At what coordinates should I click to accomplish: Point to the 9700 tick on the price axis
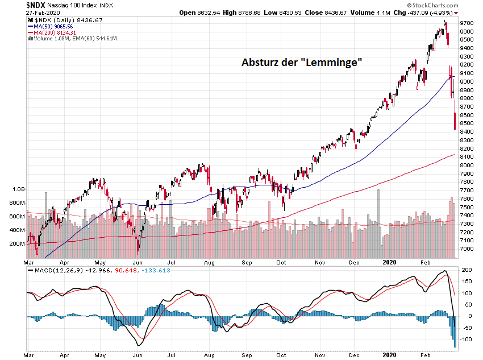(468, 23)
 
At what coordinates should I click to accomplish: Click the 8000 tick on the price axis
(468, 165)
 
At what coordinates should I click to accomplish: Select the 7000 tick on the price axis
(468, 249)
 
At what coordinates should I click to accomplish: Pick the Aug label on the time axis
(210, 263)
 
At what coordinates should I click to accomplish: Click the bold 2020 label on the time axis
(390, 263)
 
